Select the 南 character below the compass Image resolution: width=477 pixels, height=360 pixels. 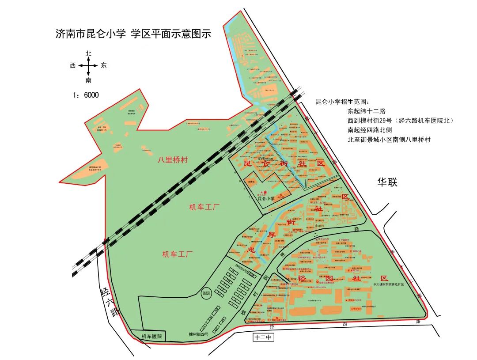click(88, 80)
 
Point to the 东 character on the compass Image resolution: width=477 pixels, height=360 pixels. click(103, 65)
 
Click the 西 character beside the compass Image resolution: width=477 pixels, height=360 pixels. click(73, 65)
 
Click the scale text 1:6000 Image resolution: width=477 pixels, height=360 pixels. click(86, 95)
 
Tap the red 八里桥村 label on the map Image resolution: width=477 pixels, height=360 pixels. click(172, 160)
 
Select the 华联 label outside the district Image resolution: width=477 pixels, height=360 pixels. click(388, 182)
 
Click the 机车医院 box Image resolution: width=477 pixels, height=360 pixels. click(151, 336)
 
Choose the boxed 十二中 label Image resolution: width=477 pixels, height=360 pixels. click(263, 338)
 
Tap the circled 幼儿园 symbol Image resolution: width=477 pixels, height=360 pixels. click(206, 293)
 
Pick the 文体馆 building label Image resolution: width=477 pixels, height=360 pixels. click(251, 181)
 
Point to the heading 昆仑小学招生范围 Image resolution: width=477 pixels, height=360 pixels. click(344, 102)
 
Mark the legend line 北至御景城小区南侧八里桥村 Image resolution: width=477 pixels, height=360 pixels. click(389, 140)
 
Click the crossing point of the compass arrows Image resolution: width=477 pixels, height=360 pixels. click(88, 66)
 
